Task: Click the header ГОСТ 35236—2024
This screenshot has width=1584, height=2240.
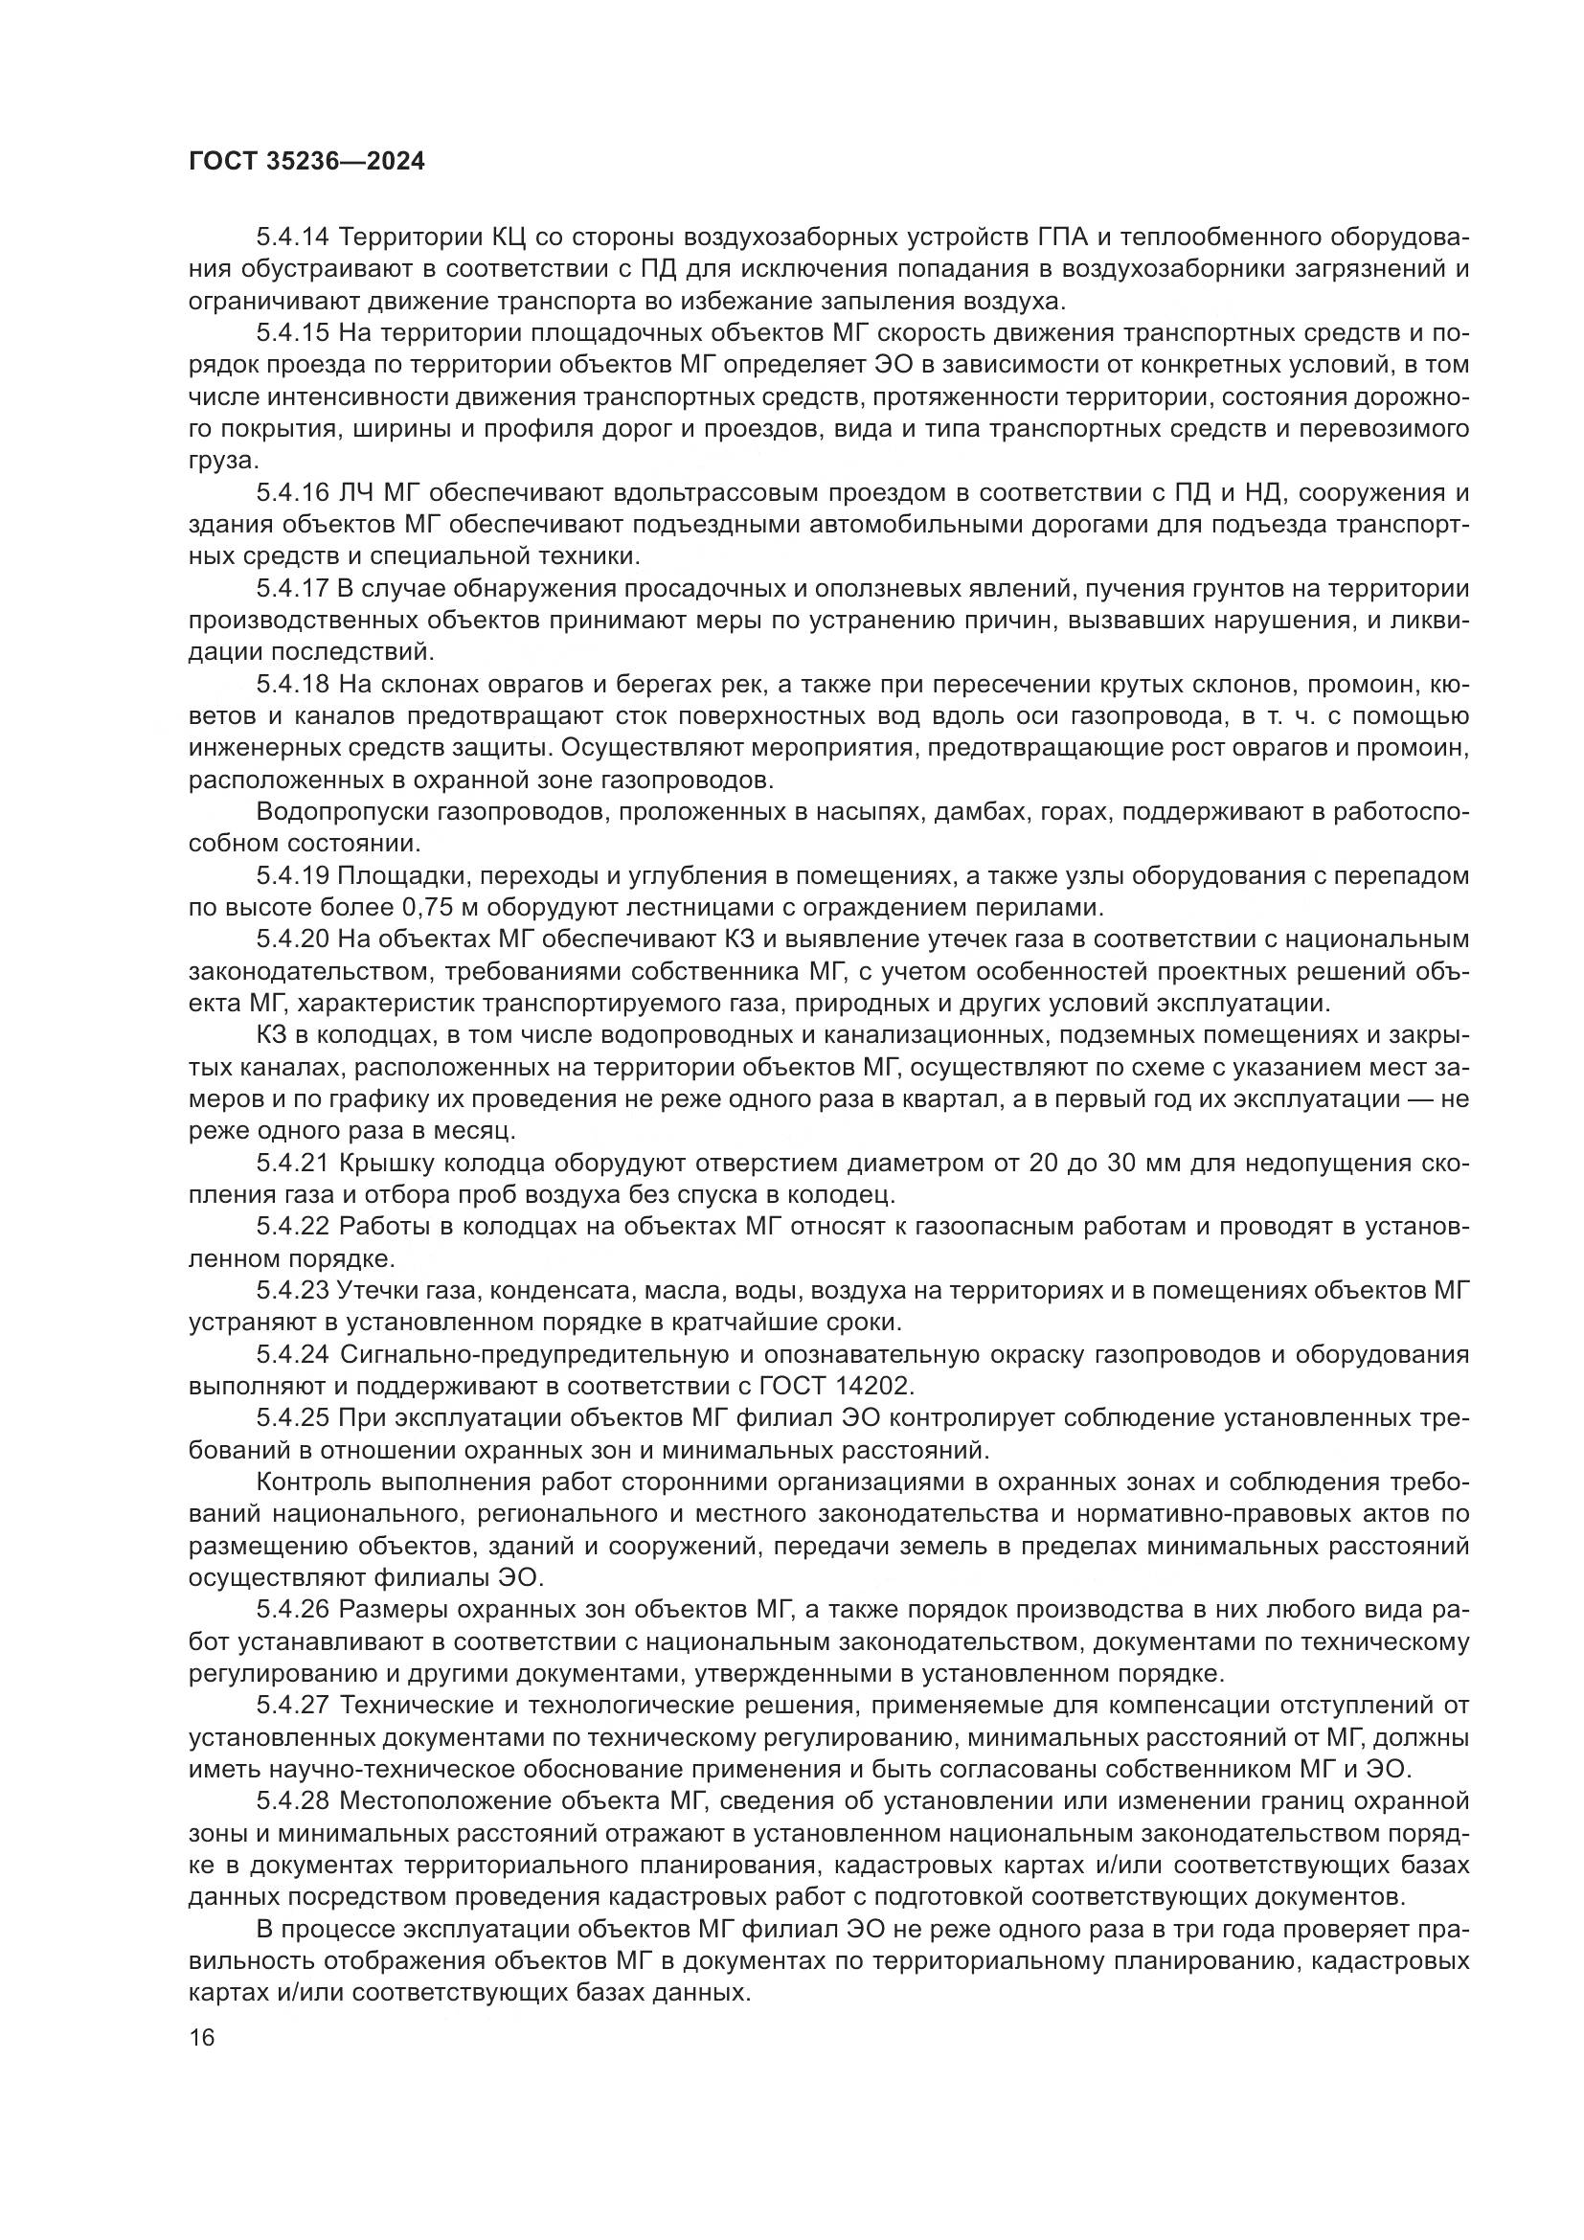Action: pyautogui.click(x=306, y=162)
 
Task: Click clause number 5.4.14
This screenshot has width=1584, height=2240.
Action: pyautogui.click(x=294, y=238)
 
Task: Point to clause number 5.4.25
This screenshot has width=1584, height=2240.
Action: pyautogui.click(x=294, y=1417)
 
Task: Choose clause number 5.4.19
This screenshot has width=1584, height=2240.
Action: pyautogui.click(x=294, y=875)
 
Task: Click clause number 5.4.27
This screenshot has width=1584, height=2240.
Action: pyautogui.click(x=294, y=1705)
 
